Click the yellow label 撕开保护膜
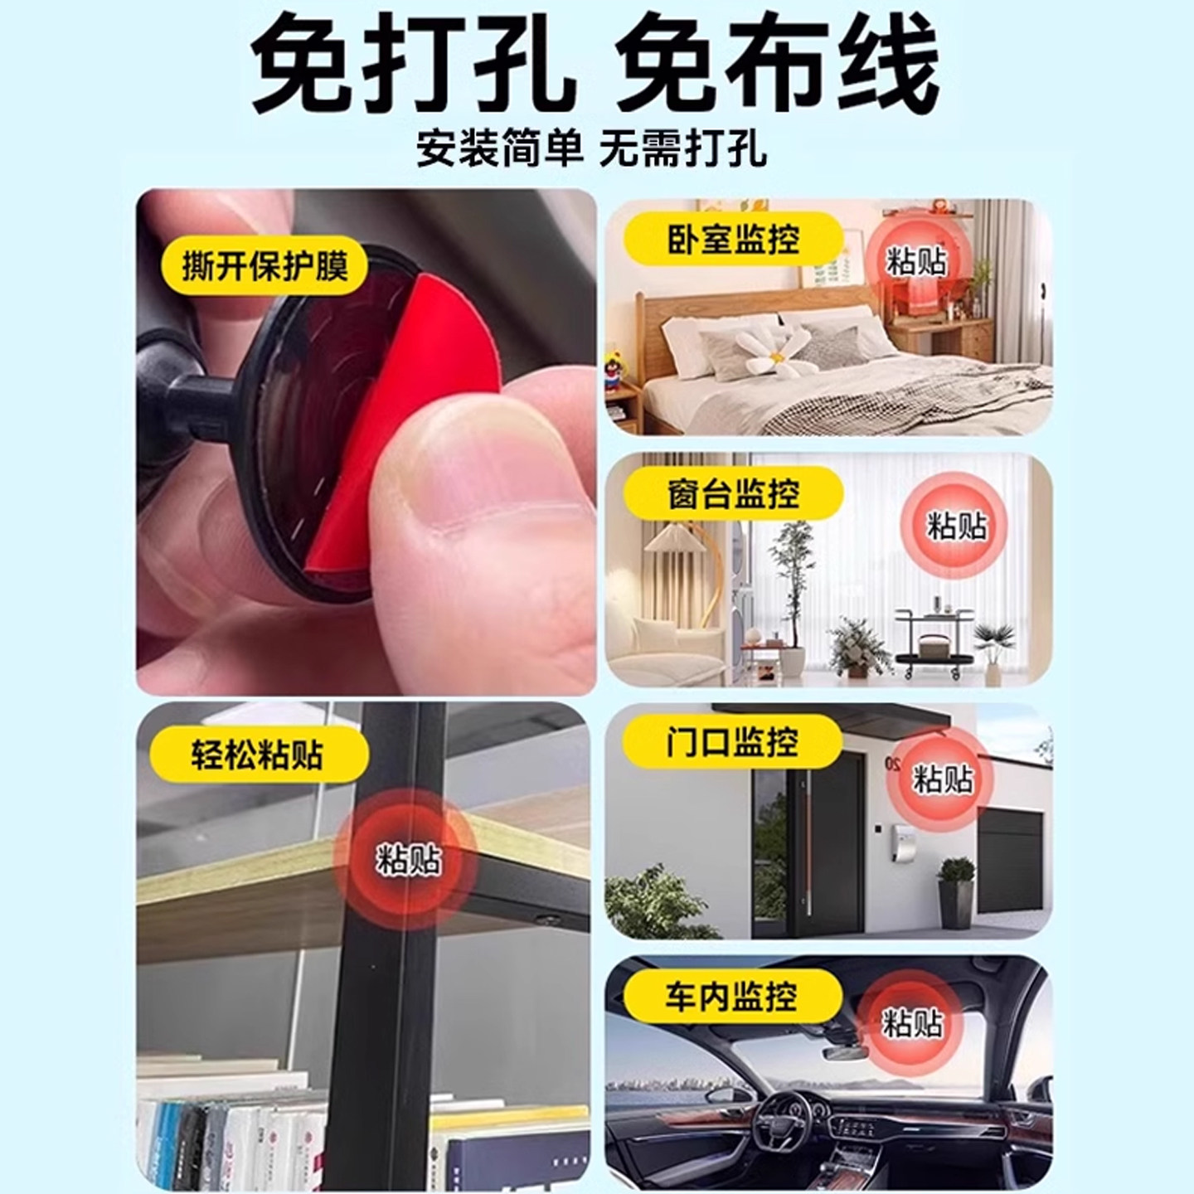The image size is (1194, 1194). (x=265, y=265)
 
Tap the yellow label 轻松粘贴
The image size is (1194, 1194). (x=257, y=755)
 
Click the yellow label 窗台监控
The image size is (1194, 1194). (x=733, y=495)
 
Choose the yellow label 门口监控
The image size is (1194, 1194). (x=731, y=740)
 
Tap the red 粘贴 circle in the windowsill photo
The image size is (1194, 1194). (x=957, y=525)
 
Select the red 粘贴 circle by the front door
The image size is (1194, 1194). (x=942, y=779)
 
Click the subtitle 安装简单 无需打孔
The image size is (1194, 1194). (x=591, y=149)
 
